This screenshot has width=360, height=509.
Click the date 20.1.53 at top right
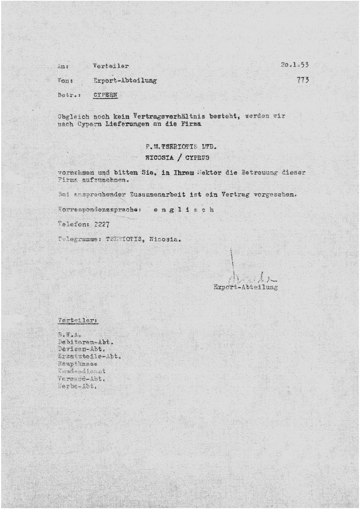click(x=294, y=65)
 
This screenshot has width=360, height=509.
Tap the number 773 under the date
click(x=303, y=79)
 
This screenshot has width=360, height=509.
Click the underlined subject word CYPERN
click(x=105, y=95)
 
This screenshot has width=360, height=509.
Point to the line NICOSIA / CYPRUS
click(x=177, y=158)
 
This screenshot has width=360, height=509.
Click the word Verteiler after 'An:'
click(x=110, y=66)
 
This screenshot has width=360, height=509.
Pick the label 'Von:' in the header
click(x=65, y=80)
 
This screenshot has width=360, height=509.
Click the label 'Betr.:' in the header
click(x=66, y=95)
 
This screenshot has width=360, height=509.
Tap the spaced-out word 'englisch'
click(x=184, y=209)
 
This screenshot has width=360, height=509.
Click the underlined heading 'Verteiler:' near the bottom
click(x=78, y=321)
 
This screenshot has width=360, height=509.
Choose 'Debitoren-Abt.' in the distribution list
click(x=85, y=342)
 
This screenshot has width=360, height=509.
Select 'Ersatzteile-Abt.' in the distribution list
click(x=89, y=356)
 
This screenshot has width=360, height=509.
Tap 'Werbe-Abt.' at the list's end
click(x=77, y=386)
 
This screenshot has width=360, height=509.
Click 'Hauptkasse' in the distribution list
click(x=78, y=364)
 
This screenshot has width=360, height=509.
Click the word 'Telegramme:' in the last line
click(x=80, y=239)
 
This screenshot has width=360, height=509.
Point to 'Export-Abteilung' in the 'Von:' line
click(x=124, y=80)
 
